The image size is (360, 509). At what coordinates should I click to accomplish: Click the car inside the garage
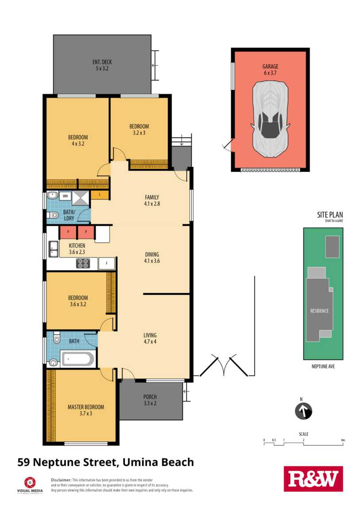[270, 120]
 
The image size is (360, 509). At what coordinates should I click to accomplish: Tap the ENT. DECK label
[102, 62]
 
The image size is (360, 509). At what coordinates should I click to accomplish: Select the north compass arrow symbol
[303, 411]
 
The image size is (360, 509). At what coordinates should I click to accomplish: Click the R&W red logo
[313, 479]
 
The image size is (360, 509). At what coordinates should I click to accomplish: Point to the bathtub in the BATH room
[78, 359]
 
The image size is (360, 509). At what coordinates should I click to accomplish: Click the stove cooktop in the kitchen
[83, 263]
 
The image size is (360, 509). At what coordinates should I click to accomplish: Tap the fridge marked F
[106, 263]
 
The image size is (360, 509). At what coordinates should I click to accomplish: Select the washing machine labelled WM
[65, 196]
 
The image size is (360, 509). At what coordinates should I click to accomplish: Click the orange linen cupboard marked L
[99, 194]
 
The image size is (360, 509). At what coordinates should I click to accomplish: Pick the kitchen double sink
[54, 249]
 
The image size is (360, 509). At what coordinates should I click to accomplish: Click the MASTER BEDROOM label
[86, 407]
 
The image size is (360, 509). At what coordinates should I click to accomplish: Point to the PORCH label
[150, 397]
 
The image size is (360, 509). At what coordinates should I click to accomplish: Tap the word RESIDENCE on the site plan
[319, 311]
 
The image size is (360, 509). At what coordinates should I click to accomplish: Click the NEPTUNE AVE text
[323, 366]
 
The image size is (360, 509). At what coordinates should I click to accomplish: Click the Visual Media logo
[30, 485]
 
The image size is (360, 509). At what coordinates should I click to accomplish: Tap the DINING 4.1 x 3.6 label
[152, 258]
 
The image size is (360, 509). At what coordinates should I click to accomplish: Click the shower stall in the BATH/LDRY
[80, 198]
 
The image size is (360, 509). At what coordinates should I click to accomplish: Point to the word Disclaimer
[61, 480]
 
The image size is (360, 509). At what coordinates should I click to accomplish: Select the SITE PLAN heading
[330, 215]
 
